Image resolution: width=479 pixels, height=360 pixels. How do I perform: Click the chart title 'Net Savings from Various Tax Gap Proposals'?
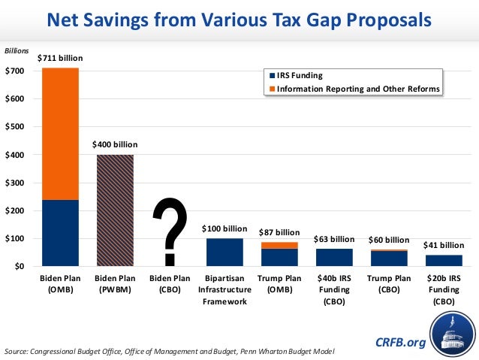point(239,19)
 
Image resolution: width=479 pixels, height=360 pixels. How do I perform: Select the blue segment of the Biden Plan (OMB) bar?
point(60,233)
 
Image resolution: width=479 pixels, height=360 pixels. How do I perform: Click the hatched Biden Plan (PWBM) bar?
point(115,210)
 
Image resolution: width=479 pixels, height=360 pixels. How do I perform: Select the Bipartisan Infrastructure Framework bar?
point(224,252)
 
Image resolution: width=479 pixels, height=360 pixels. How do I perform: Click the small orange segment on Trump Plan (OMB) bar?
point(279,246)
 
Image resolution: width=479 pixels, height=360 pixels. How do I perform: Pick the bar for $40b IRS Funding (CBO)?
point(334,257)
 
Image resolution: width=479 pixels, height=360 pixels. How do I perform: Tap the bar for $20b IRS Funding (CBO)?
point(444,260)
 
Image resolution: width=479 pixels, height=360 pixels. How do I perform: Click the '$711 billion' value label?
point(60,58)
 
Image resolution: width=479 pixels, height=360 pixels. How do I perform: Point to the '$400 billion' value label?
point(115,144)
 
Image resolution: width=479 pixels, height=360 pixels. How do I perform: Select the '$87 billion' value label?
point(279,232)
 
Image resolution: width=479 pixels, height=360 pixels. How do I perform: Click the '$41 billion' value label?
point(444,245)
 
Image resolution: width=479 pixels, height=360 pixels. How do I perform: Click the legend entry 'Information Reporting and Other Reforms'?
point(353,89)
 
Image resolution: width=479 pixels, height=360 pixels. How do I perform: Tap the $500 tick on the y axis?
point(14,126)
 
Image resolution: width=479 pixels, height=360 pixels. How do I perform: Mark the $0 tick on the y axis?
point(18,266)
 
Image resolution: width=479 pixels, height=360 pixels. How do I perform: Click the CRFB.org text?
point(400,343)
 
